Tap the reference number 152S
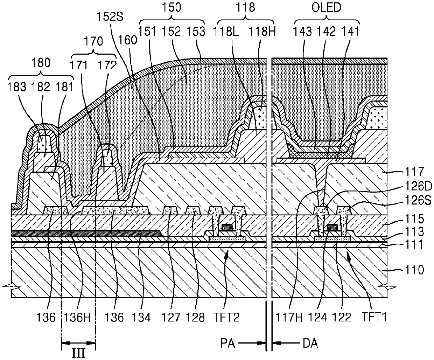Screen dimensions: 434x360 (x=110, y=17)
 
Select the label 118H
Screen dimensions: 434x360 (x=262, y=32)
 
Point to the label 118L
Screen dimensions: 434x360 (x=226, y=32)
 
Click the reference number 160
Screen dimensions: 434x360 (x=128, y=40)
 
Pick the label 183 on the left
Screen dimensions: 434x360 (x=17, y=87)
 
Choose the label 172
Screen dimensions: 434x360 (x=107, y=65)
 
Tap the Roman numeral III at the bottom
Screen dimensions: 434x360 (x=78, y=353)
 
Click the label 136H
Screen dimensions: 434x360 (x=77, y=318)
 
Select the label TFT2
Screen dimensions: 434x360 (x=226, y=318)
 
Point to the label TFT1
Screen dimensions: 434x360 (x=374, y=317)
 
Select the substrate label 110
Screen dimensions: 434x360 (x=414, y=270)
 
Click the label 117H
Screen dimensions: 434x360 (x=289, y=318)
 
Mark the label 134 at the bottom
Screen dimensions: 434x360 (x=141, y=318)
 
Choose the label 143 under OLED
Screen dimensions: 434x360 (x=302, y=32)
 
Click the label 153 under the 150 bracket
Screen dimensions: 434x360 (x=196, y=32)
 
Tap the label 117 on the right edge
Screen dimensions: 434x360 (x=414, y=172)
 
